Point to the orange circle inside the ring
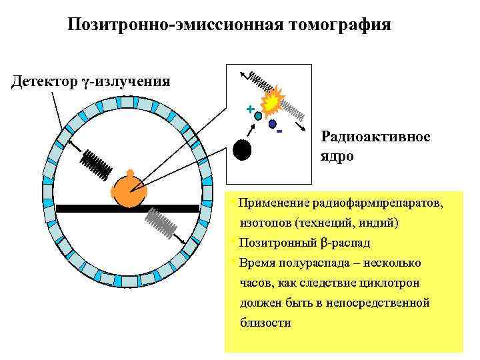(129, 192)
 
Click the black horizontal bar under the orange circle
(127, 209)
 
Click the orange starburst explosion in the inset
(272, 102)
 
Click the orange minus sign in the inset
(280, 131)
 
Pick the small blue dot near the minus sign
(272, 124)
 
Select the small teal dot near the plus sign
(258, 115)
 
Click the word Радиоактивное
(375, 137)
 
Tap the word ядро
(337, 157)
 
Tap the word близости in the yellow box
(265, 323)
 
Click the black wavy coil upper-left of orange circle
(97, 163)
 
